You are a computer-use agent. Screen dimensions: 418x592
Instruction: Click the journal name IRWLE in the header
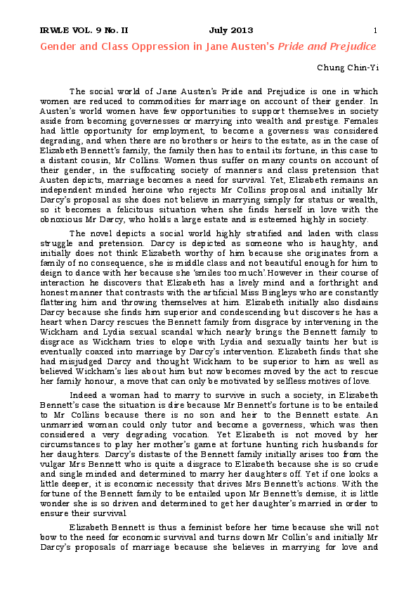pos(55,30)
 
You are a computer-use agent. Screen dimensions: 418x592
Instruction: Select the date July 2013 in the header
pos(231,30)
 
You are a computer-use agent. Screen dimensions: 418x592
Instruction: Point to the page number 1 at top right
pos(375,30)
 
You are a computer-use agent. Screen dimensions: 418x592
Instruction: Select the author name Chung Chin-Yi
pos(348,68)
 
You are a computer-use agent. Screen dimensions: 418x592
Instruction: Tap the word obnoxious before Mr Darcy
pos(63,219)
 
